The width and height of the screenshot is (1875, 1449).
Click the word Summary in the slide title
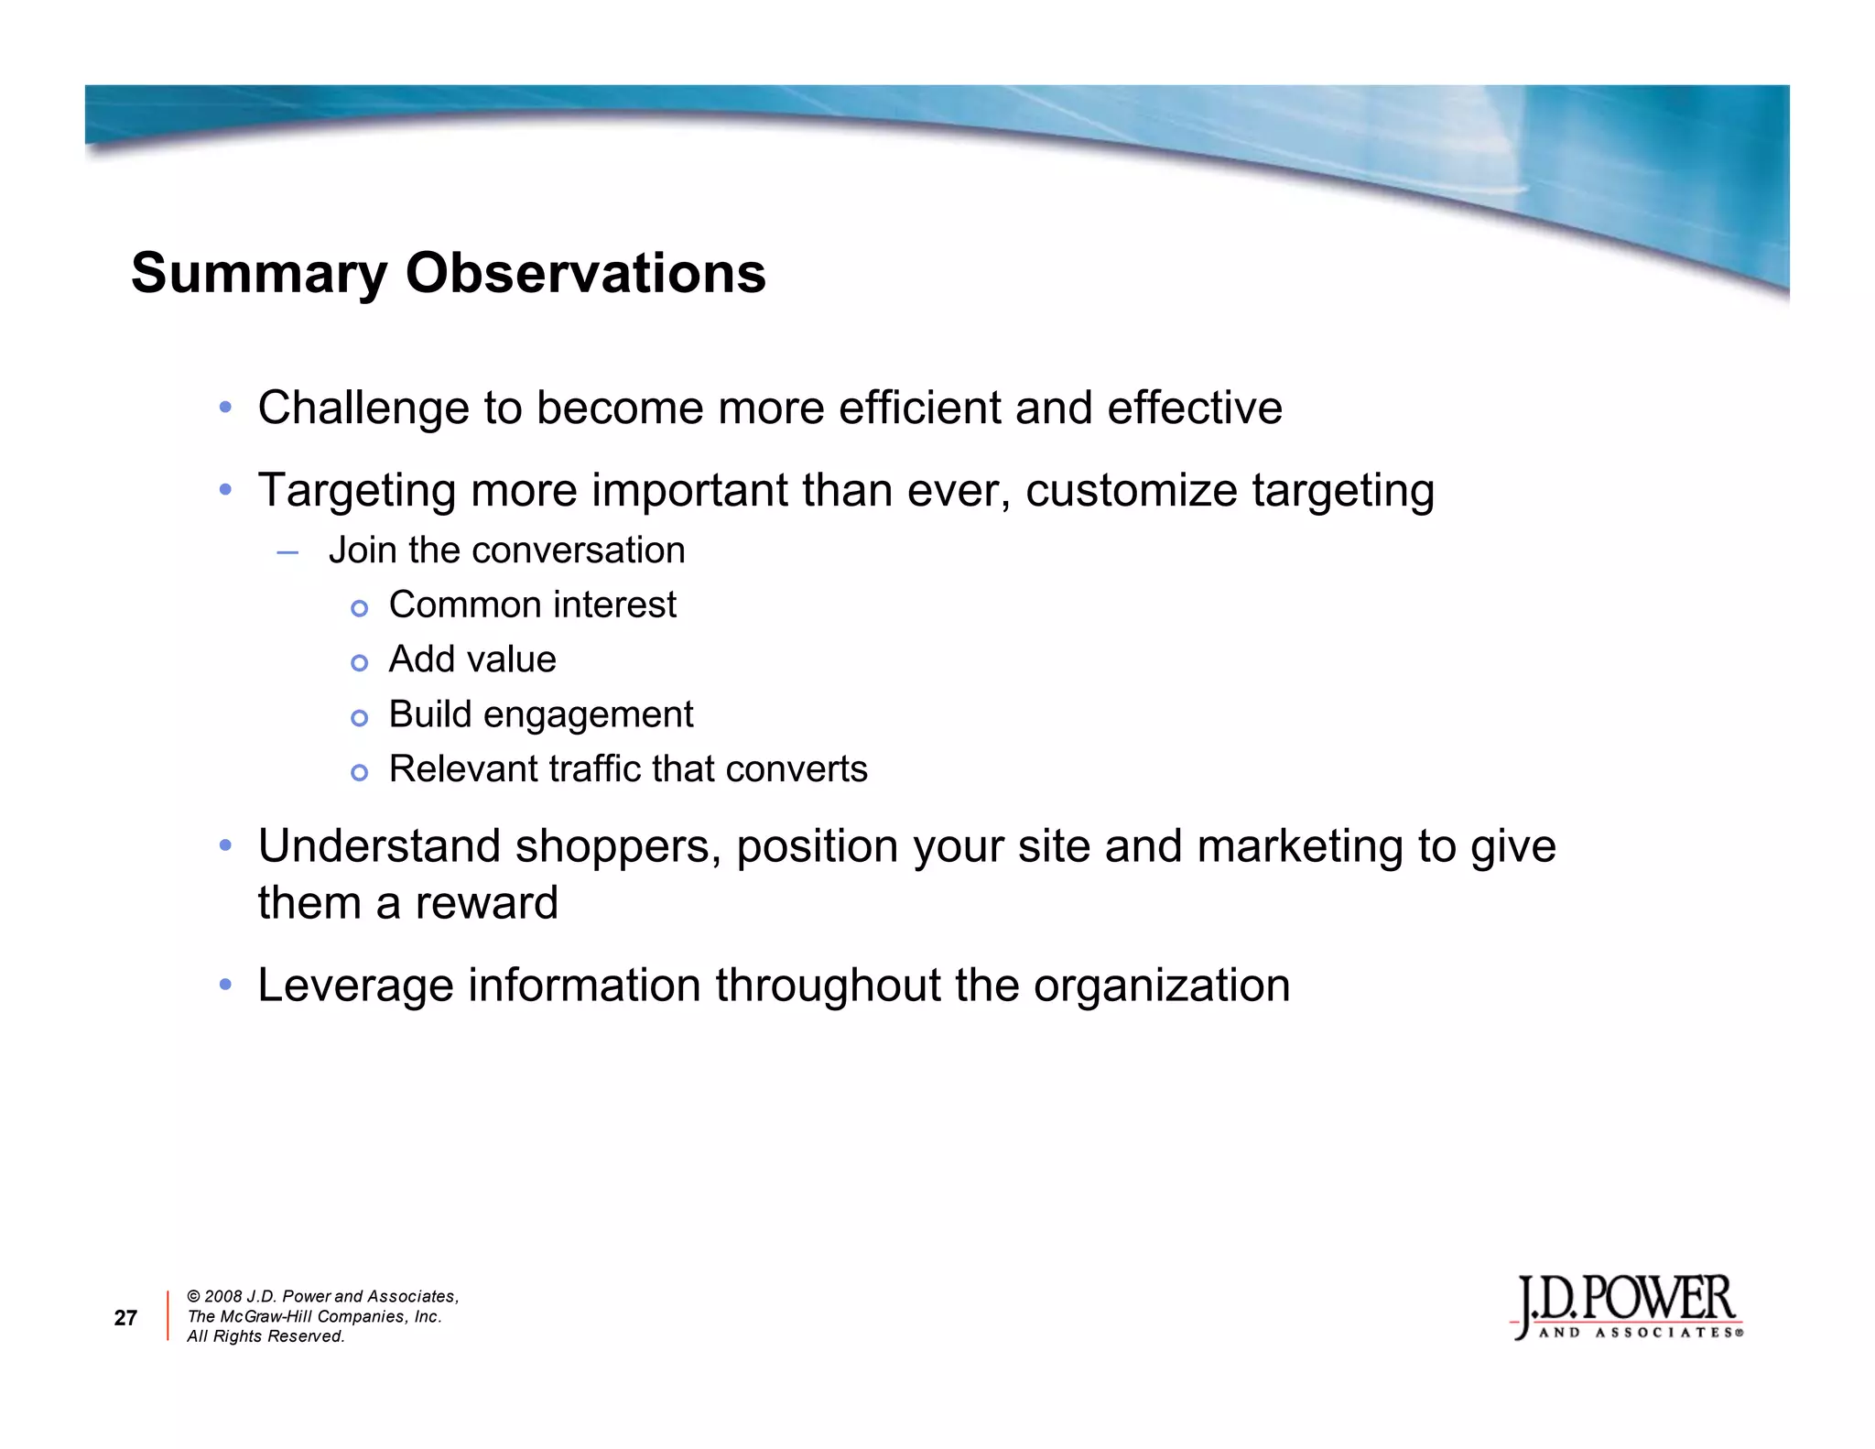coord(259,274)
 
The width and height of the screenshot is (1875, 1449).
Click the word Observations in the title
coord(586,273)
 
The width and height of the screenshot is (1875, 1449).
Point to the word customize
coord(1132,490)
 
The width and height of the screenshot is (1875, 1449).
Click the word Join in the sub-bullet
coord(362,550)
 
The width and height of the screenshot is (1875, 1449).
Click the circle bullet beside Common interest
coord(360,608)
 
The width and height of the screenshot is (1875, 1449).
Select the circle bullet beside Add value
coord(360,663)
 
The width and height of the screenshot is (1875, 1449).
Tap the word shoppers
coord(612,846)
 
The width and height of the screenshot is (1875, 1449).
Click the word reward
coord(486,903)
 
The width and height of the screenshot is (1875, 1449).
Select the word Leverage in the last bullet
coord(356,986)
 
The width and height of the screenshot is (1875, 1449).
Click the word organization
coord(1162,986)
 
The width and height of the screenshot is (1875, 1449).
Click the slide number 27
coord(125,1318)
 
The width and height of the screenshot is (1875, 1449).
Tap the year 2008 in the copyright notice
coord(222,1297)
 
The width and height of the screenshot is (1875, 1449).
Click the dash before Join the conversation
coord(287,552)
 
